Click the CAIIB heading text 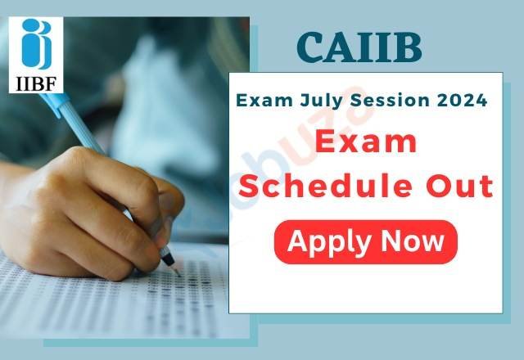tap(359, 48)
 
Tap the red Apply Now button tap(365, 241)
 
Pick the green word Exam tap(260, 101)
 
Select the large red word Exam tap(365, 145)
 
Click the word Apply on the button tap(327, 242)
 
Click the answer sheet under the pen tap(123, 311)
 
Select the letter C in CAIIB tap(310, 48)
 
